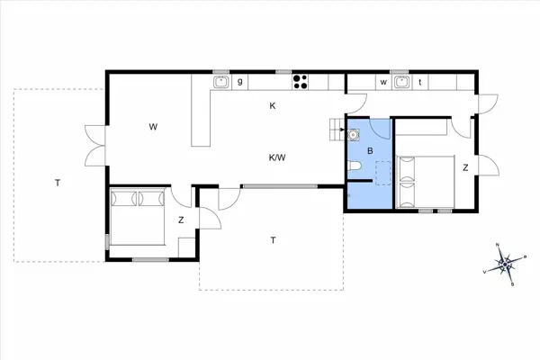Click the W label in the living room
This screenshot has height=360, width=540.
(x=154, y=127)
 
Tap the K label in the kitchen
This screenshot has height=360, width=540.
(x=273, y=106)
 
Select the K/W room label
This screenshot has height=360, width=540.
(x=277, y=157)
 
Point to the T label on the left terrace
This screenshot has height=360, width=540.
(x=57, y=183)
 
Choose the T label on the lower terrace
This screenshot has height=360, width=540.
(x=273, y=239)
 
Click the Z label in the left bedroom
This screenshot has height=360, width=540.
(x=181, y=220)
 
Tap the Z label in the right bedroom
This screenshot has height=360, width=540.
(x=465, y=168)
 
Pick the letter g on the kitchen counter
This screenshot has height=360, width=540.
(x=240, y=83)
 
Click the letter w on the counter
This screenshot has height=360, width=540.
(x=383, y=83)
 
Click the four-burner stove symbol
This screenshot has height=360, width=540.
(x=301, y=83)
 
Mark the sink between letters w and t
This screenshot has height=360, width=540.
(x=401, y=83)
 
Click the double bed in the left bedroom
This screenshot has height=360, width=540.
(x=138, y=216)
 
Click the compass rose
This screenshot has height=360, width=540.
(x=505, y=265)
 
